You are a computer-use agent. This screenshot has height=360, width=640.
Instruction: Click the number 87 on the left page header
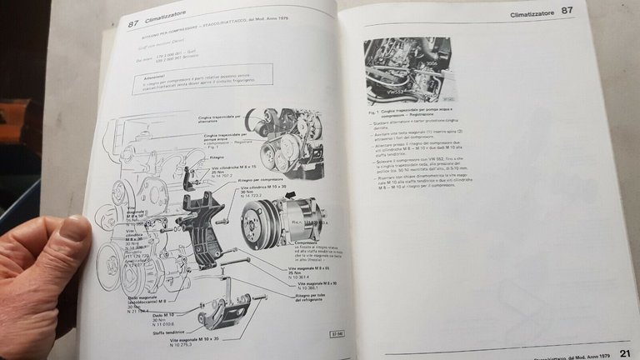pyautogui.click(x=133, y=24)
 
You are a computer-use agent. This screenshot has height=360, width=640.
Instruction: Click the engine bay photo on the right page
pyautogui.click(x=408, y=71)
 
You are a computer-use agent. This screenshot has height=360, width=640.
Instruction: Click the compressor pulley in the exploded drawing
pyautogui.click(x=257, y=223)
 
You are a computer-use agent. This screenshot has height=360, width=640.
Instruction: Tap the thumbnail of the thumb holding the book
pyautogui.click(x=73, y=230)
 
